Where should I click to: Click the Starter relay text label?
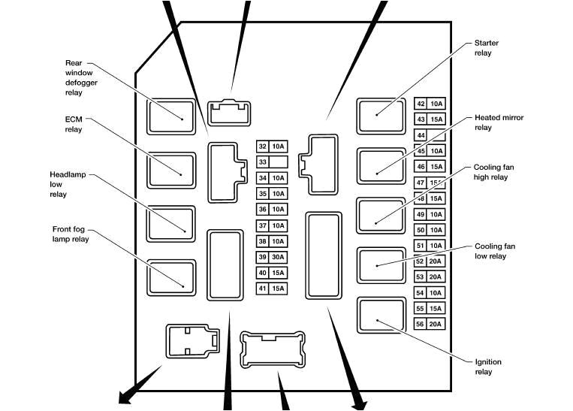tap(487, 48)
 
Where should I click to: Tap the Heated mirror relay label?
tap(499, 122)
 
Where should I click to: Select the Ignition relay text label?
tap(487, 367)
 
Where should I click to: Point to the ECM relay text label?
tap(74, 124)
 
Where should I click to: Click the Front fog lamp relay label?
tap(71, 234)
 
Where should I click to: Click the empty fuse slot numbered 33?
tap(272, 162)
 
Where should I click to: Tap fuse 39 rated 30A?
tap(272, 257)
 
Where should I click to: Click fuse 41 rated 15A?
tap(272, 289)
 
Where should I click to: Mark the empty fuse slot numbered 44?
tap(430, 135)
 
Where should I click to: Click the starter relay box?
tap(381, 116)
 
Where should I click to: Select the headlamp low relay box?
tap(170, 224)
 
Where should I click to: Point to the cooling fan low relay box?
tap(381, 265)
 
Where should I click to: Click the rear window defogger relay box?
tap(170, 116)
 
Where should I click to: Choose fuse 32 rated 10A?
tap(272, 147)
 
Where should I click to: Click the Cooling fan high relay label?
tap(494, 172)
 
